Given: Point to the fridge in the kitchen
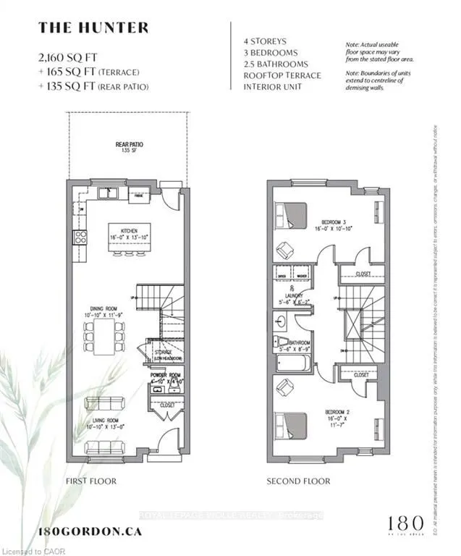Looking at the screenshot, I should [x=139, y=193].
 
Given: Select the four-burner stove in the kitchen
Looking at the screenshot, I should [x=80, y=237].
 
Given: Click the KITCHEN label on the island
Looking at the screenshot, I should [x=129, y=232].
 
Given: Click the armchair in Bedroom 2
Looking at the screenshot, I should [x=285, y=388].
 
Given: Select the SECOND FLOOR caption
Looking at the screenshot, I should [x=298, y=481].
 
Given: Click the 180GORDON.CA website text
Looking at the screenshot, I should [x=90, y=531].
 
